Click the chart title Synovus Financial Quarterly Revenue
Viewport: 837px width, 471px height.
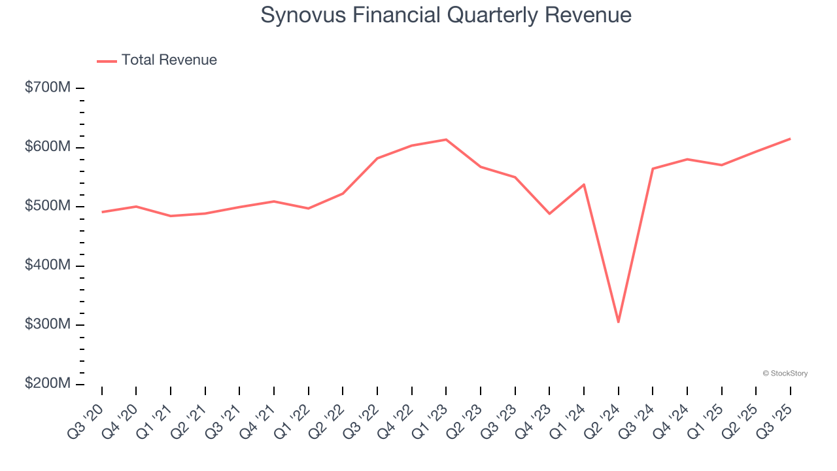[x=446, y=15]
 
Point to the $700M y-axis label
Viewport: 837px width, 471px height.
[x=48, y=88]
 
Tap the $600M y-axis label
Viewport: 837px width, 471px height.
[x=48, y=147]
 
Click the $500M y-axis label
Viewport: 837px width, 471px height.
[x=48, y=206]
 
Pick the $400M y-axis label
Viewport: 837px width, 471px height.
[x=48, y=266]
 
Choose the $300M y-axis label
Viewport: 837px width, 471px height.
[x=48, y=324]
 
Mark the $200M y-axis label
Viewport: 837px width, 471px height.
[x=48, y=384]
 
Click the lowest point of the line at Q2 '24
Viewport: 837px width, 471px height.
[x=618, y=322]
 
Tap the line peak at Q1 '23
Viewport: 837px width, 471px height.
[x=446, y=139]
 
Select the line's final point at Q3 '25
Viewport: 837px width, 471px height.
[x=790, y=139]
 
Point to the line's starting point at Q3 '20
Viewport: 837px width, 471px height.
[x=102, y=212]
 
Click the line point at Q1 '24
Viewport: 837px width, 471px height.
[x=584, y=184]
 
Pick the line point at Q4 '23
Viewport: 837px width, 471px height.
[x=549, y=214]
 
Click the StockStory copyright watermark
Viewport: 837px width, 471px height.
[x=785, y=374]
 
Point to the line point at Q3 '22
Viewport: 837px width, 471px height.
[x=377, y=158]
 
